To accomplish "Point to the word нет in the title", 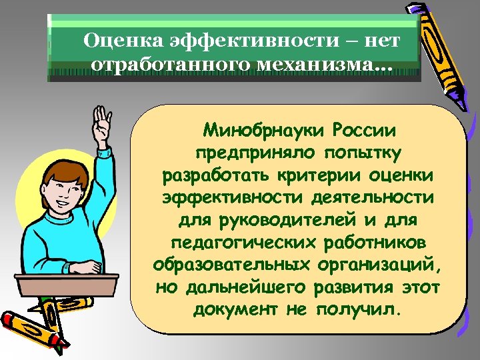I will click(x=384, y=41).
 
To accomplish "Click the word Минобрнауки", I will click(x=254, y=128).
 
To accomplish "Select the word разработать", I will click(x=215, y=179).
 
